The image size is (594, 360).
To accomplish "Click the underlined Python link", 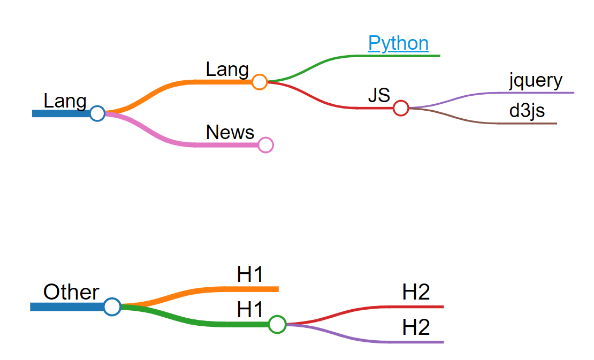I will [398, 43].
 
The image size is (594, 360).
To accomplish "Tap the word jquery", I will [536, 81].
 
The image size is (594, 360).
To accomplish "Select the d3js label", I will [527, 111].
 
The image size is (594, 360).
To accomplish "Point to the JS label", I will [379, 96].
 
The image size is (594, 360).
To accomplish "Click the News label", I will [230, 132].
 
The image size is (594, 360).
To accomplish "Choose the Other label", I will [71, 293].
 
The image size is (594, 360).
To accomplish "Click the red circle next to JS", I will [401, 108].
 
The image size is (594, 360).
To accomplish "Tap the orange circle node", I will [260, 82].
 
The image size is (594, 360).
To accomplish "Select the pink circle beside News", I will [265, 144].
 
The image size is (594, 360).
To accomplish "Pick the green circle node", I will [277, 324].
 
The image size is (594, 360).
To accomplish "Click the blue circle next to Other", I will [112, 307].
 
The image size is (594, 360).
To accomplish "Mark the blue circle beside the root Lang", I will [97, 113].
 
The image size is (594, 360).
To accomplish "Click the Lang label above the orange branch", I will [227, 70].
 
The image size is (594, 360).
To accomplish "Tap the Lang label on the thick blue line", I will [65, 101].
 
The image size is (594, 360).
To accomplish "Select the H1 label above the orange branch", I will [250, 275].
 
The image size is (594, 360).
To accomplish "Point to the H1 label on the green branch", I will [250, 310].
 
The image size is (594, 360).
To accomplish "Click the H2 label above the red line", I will [416, 293].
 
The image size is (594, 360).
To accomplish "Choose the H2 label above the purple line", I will [416, 327].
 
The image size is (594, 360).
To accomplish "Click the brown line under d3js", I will [527, 124].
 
